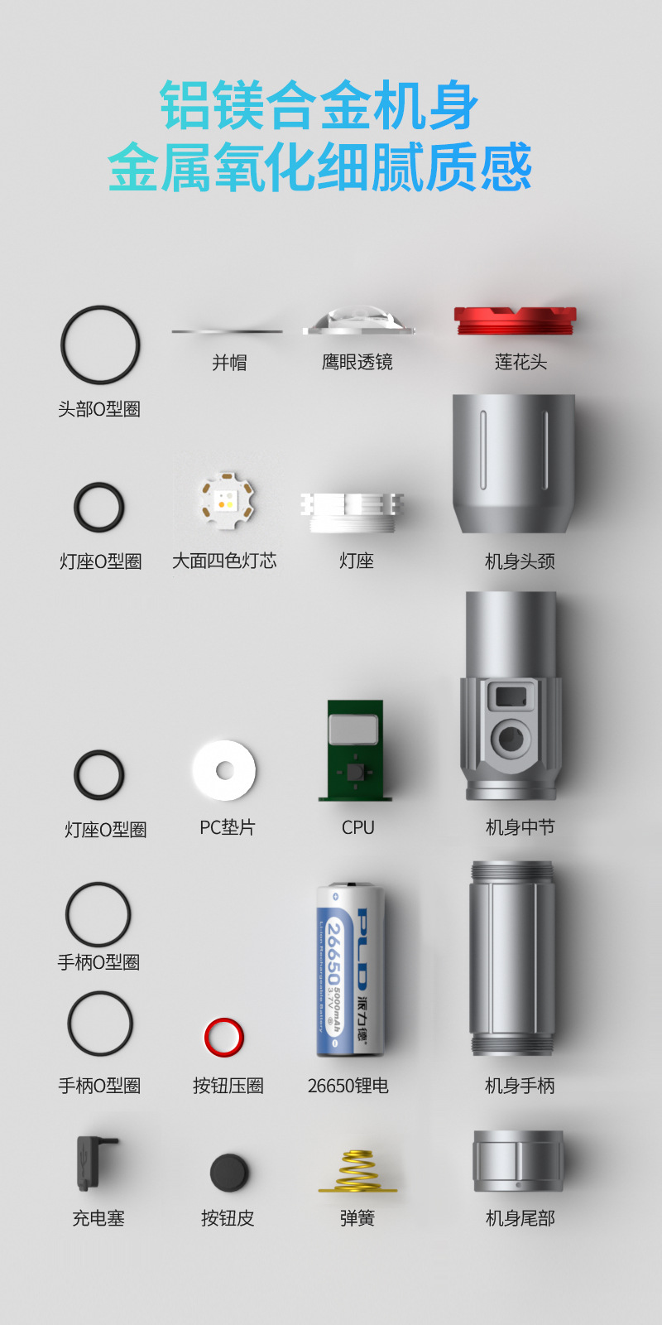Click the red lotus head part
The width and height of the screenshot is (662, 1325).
(515, 320)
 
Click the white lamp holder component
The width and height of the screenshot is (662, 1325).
(353, 510)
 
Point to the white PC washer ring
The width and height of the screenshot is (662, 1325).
(224, 770)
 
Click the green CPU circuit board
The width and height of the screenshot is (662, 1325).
(354, 750)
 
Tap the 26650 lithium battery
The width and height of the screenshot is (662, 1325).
(351, 969)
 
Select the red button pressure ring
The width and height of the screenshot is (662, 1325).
(223, 1037)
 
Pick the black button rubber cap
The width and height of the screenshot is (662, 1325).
(229, 1172)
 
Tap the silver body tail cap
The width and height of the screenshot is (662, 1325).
(518, 1161)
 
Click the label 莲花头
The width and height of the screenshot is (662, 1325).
(520, 362)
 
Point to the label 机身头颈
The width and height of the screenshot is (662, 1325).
(520, 561)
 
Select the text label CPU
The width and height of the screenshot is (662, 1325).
(357, 827)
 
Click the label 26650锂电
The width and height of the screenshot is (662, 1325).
(348, 1086)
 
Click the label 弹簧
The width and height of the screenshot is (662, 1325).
(357, 1218)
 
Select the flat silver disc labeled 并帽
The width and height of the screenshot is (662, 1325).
(227, 331)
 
